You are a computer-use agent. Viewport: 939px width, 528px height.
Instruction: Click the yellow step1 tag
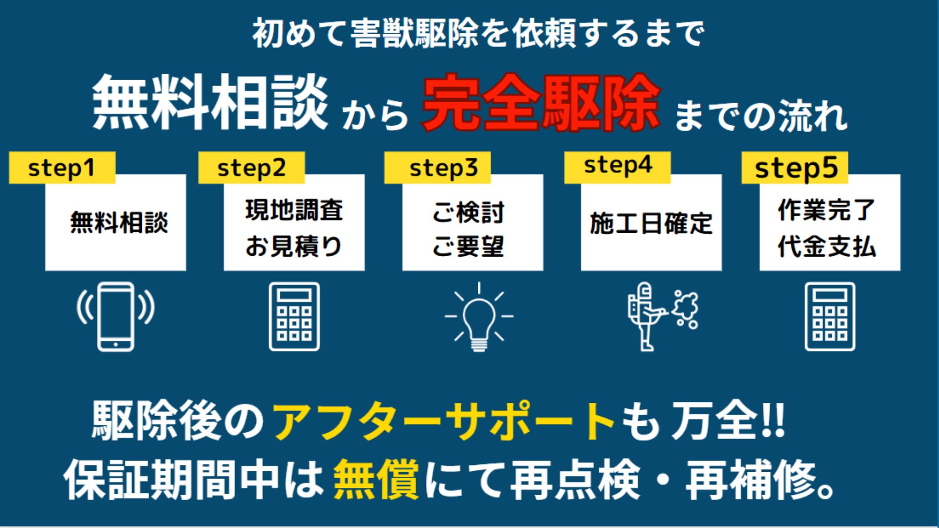click(62, 168)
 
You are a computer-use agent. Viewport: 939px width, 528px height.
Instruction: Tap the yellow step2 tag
click(251, 168)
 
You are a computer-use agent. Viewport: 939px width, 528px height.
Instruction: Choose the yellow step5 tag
click(795, 168)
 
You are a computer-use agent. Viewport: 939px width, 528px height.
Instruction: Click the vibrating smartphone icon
click(115, 316)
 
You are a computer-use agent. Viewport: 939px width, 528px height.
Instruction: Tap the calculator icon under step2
click(294, 316)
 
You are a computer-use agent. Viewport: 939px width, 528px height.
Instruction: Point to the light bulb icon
click(479, 317)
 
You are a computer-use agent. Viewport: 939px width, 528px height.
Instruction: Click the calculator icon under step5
click(830, 316)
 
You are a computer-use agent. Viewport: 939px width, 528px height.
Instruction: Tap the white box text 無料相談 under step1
click(119, 222)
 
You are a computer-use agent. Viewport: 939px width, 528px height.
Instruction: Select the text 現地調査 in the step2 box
click(294, 210)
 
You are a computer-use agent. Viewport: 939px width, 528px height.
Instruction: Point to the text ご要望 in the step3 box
click(468, 246)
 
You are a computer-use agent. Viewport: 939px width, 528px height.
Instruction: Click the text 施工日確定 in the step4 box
click(651, 223)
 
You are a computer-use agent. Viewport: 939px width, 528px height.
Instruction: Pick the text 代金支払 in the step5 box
click(827, 246)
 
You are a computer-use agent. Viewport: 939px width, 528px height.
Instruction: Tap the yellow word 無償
click(376, 479)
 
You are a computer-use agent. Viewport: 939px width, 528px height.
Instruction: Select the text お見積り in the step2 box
click(293, 246)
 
